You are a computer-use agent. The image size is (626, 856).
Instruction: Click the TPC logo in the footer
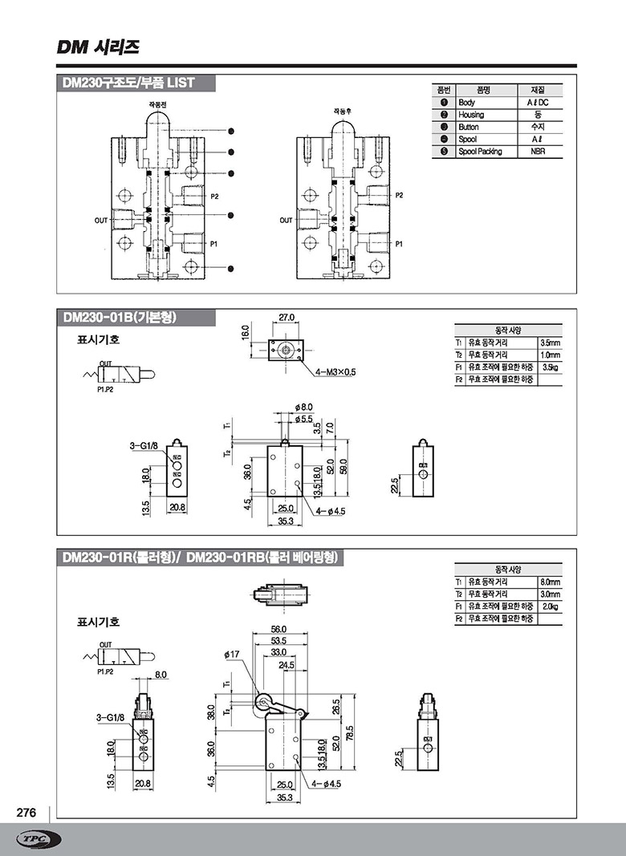38,839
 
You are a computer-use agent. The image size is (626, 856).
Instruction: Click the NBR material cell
537,151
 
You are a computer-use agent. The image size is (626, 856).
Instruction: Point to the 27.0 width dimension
287,318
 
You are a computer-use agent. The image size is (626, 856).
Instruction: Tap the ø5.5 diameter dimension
303,419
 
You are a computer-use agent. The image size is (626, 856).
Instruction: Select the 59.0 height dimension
343,466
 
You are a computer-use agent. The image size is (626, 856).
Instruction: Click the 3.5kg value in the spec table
550,367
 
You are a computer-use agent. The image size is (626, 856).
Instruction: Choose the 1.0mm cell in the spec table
550,355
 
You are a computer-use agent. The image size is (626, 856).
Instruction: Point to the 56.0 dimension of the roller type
278,629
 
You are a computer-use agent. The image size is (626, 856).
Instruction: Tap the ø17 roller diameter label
232,655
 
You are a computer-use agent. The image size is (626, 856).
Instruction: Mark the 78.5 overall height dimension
349,733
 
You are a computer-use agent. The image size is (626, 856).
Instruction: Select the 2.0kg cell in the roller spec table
550,607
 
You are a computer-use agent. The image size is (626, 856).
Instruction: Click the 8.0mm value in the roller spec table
550,582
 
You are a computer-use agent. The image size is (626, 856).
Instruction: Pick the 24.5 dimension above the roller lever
287,665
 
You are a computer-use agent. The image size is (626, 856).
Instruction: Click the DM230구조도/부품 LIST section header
128,83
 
